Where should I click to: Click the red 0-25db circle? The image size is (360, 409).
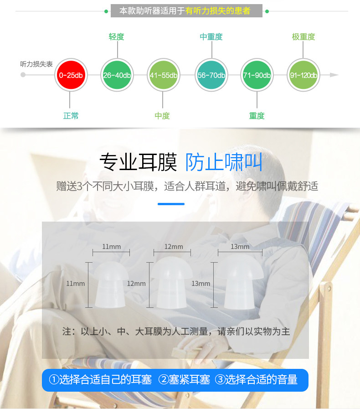click(70, 75)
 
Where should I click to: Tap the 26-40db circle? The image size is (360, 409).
click(116, 75)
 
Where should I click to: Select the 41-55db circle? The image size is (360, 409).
click(163, 75)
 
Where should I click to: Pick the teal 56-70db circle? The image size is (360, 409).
click(211, 75)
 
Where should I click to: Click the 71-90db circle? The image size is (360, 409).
click(257, 75)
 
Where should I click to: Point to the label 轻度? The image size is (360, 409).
click(116, 37)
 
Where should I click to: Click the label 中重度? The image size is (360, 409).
click(211, 37)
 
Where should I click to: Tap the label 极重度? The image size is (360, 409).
click(303, 37)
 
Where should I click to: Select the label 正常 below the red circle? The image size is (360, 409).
click(71, 116)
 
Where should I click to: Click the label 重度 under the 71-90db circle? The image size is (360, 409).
click(257, 116)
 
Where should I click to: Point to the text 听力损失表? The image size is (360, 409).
click(36, 64)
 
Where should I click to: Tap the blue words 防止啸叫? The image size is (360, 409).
click(224, 162)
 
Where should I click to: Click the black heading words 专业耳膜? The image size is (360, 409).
click(138, 162)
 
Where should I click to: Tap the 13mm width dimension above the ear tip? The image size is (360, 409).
click(240, 247)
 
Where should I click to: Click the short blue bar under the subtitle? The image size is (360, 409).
click(171, 204)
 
